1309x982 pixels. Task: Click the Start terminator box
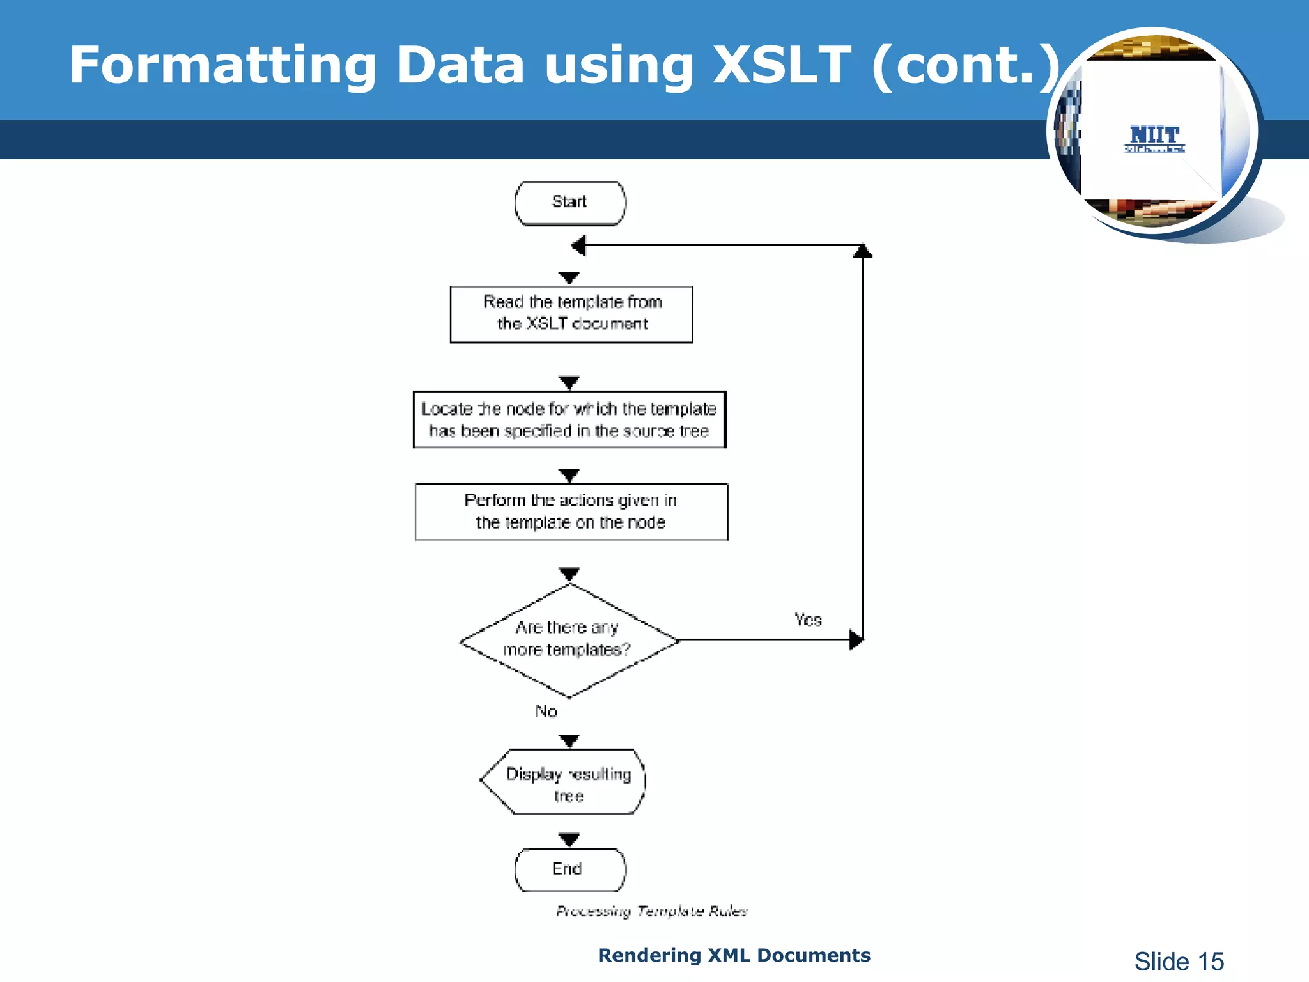click(x=569, y=203)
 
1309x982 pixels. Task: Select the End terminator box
click(x=569, y=869)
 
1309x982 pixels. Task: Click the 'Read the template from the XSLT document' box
click(x=571, y=314)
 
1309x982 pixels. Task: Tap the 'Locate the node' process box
click(x=569, y=419)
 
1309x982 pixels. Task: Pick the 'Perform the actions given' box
click(x=571, y=511)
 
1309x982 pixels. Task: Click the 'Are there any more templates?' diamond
click(x=569, y=640)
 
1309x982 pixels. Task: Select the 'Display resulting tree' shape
click(x=566, y=782)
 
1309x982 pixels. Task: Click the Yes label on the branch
click(x=808, y=620)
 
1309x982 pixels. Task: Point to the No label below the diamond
click(x=546, y=712)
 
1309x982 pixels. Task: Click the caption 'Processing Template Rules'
click(x=651, y=911)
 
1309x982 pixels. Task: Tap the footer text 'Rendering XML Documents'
click(x=734, y=955)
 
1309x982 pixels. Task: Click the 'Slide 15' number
click(x=1179, y=961)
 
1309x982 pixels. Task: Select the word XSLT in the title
click(x=781, y=65)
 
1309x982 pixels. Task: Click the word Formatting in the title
click(x=222, y=66)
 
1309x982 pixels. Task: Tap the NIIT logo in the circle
click(x=1154, y=137)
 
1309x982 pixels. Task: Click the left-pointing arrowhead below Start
click(x=578, y=245)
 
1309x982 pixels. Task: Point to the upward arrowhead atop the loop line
click(x=863, y=251)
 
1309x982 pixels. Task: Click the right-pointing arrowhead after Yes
click(x=856, y=639)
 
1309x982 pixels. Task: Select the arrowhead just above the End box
click(x=569, y=839)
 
